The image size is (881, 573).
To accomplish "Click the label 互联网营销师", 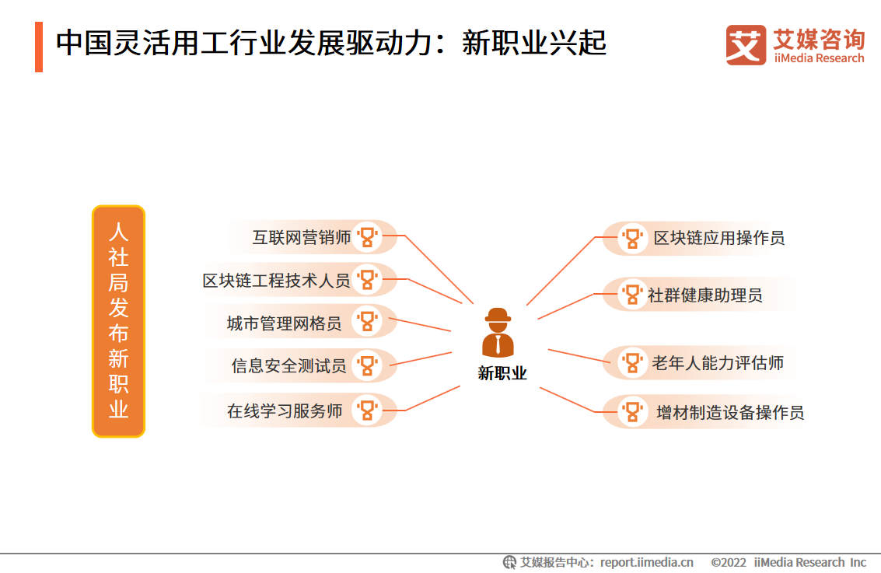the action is (x=302, y=238).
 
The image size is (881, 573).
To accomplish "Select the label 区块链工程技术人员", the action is (x=277, y=281).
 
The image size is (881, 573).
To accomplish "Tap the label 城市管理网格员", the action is (x=285, y=323).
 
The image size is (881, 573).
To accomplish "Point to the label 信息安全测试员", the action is (x=288, y=365).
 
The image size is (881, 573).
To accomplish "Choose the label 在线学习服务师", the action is (x=285, y=411).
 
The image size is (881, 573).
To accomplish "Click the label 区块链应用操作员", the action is (x=719, y=238).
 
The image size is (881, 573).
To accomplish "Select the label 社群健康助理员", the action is (x=705, y=295).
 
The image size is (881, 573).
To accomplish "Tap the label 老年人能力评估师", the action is (x=718, y=363).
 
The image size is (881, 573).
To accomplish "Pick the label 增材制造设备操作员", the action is (x=730, y=412).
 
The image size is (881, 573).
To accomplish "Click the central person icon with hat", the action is (x=498, y=333).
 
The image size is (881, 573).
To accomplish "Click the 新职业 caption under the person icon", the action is (x=502, y=373).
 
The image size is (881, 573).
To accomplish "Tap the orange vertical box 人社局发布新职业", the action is (x=118, y=321).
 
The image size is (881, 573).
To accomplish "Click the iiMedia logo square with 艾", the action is (x=746, y=45).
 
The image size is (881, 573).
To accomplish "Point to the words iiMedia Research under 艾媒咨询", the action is (x=819, y=58).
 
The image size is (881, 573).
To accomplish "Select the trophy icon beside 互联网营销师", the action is (x=368, y=237).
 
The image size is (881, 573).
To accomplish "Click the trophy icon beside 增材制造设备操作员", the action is (x=632, y=412).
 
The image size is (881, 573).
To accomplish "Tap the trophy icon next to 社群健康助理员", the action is (x=632, y=295).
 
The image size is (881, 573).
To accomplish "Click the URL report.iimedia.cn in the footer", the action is (x=646, y=562).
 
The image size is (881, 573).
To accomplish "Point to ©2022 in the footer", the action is (x=728, y=562).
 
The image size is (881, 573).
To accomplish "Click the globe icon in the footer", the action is (x=509, y=562).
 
